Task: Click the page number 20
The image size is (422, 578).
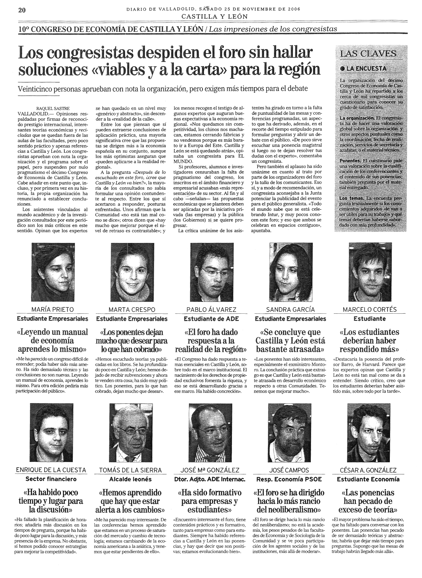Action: point(22,10)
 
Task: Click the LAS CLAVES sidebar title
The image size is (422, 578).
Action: point(368,53)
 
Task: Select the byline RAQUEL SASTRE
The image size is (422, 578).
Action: point(53,108)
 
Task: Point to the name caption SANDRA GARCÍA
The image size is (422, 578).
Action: point(290,310)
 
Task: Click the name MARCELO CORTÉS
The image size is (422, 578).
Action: point(370,310)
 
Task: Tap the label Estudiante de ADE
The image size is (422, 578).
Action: point(211,319)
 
